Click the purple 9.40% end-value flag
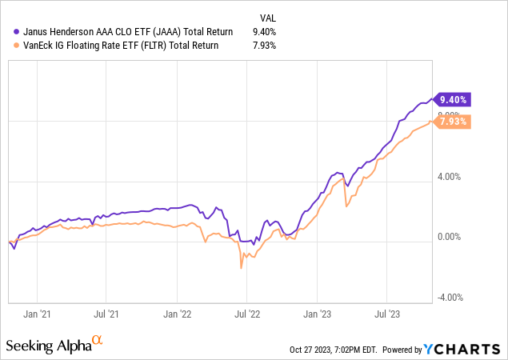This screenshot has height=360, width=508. [454, 100]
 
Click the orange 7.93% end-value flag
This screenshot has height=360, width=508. [454, 122]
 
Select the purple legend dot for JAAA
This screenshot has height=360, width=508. [17, 32]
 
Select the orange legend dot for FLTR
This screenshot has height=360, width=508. [17, 45]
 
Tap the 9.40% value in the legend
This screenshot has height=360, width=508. [266, 32]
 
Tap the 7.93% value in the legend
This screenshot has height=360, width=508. [266, 45]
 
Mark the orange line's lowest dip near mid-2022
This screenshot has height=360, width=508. [241, 269]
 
